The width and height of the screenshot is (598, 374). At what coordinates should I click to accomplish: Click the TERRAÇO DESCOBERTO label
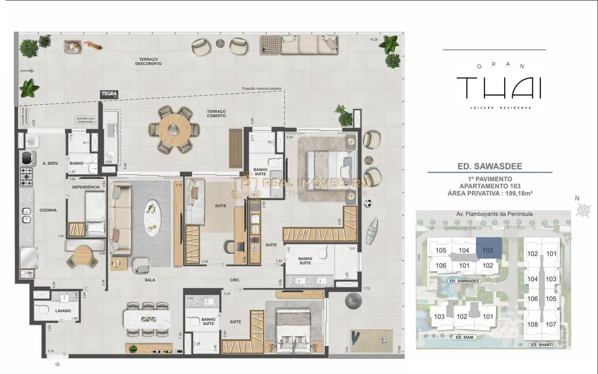point(149,61)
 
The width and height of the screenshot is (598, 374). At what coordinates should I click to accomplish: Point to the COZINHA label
point(48,211)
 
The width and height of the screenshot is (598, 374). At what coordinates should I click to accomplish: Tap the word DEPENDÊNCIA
point(86,187)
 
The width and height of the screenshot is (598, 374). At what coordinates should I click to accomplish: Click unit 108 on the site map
point(532,324)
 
